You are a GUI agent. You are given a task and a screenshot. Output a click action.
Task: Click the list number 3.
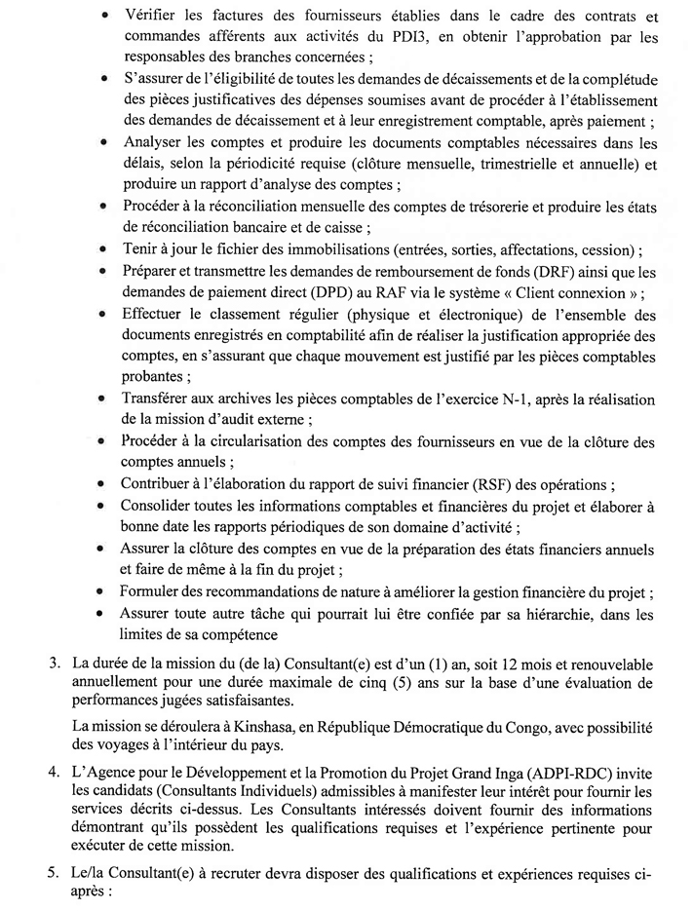57,665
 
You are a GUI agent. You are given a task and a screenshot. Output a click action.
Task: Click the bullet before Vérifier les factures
103,18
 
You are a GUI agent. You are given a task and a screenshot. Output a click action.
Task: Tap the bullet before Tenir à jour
103,243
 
